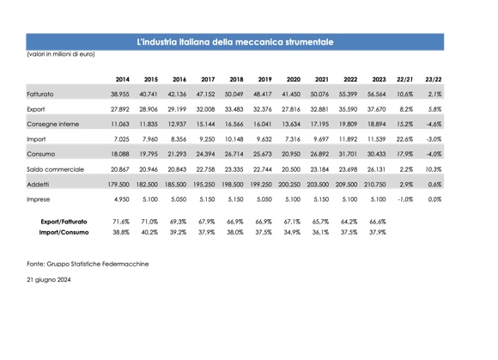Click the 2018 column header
tap(236, 79)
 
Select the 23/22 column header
tap(434, 79)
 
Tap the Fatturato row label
tap(40, 94)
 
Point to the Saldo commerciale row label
tap(55, 169)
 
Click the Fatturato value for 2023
tap(377, 94)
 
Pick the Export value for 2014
tap(120, 109)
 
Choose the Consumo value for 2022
tap(348, 154)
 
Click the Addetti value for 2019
tap(261, 184)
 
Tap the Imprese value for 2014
tap(122, 199)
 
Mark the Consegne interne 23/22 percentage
tap(434, 125)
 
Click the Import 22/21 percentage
tap(405, 139)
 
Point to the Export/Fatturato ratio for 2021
tap(320, 222)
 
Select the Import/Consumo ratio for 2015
tap(149, 232)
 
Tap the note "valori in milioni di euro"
tap(61, 54)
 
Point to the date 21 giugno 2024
tap(49, 280)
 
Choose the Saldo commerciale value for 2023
tap(377, 169)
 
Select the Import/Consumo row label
tap(64, 232)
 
